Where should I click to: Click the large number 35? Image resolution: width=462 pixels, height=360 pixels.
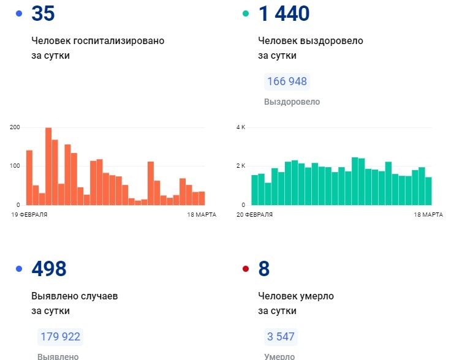click(43, 13)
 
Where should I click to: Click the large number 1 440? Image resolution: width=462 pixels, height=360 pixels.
click(284, 13)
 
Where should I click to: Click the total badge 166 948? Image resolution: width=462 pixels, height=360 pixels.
click(286, 81)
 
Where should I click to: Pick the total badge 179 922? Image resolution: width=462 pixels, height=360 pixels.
click(60, 336)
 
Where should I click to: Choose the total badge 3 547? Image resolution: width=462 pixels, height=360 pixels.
click(281, 336)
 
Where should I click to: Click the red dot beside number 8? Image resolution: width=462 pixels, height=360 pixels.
click(246, 269)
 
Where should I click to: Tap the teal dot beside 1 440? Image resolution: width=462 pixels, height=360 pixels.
click(246, 13)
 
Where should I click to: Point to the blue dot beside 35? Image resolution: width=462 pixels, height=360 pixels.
click(19, 13)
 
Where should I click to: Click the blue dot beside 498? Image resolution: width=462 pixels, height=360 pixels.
click(19, 269)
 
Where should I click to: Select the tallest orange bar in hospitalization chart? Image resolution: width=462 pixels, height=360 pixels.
click(48, 166)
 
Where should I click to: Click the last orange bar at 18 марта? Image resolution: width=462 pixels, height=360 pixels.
click(202, 198)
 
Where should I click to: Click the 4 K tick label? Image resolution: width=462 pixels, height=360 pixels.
click(240, 127)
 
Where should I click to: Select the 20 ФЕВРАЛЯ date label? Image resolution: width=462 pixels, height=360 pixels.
click(254, 215)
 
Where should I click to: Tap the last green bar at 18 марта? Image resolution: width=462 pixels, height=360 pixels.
click(428, 190)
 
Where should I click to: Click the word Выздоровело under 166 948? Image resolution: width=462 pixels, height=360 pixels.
click(292, 102)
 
